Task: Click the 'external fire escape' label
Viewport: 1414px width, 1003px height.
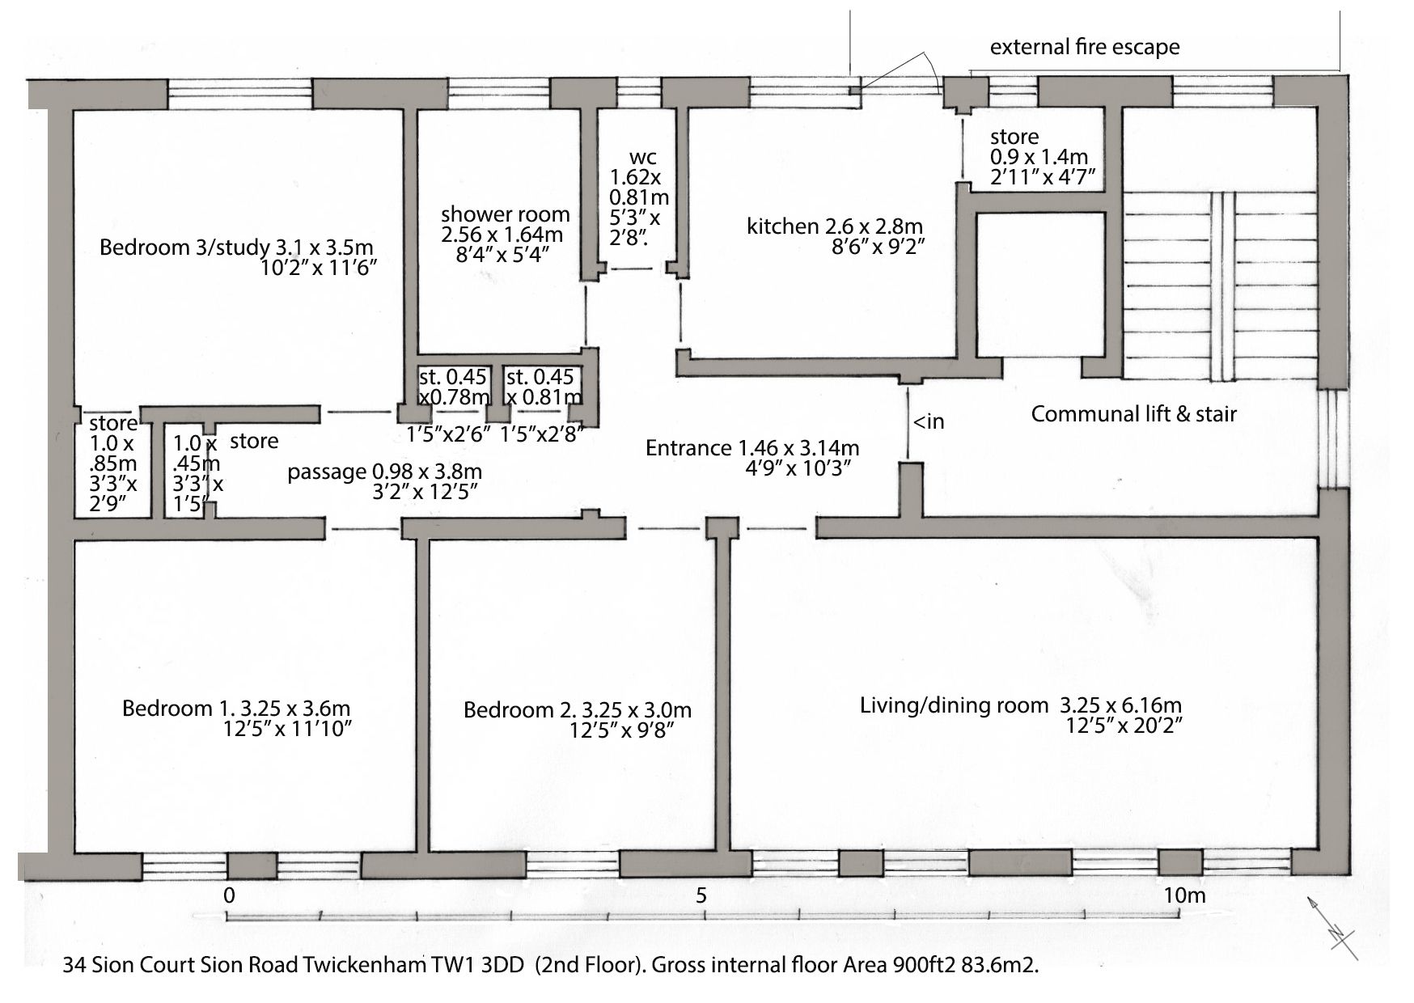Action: (1085, 48)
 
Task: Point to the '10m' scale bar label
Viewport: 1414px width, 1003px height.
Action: (1184, 895)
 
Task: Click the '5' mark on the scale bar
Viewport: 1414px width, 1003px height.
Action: (701, 895)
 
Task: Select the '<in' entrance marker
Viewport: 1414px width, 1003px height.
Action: (929, 421)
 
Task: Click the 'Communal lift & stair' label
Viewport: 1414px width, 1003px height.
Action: (1133, 414)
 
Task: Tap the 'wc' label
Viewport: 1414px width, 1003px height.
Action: (642, 157)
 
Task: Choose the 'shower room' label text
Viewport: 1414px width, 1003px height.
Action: (506, 215)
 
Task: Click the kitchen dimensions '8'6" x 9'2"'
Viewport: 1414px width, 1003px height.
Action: (878, 247)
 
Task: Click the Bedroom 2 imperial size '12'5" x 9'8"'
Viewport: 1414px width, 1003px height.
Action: (621, 730)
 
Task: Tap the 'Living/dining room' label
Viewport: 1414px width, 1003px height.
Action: (954, 705)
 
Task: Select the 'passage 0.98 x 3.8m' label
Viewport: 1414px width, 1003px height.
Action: (384, 472)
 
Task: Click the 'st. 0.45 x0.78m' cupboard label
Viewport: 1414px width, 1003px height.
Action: (454, 387)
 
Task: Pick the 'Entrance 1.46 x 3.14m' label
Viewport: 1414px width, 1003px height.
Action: (752, 447)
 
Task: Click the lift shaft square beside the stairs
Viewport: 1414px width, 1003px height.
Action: (1040, 285)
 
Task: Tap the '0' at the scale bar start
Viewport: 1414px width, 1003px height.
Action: (230, 895)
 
